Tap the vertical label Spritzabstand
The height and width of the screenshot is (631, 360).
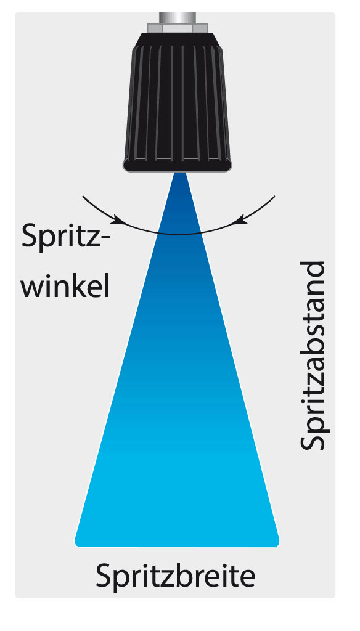point(311,356)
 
